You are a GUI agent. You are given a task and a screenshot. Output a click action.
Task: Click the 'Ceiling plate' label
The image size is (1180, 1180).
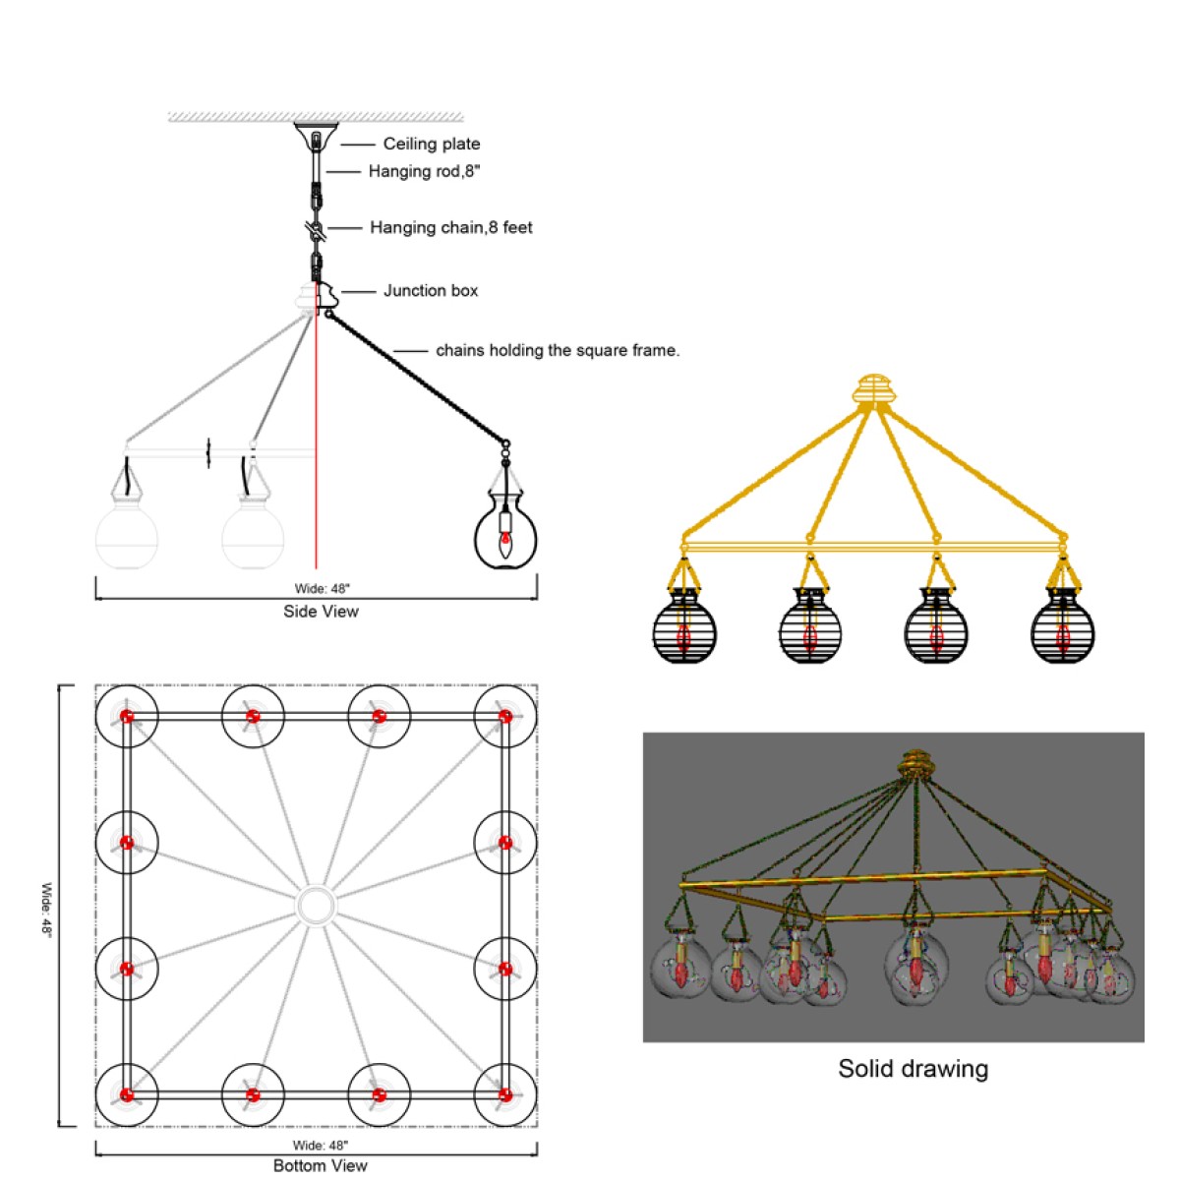click(431, 144)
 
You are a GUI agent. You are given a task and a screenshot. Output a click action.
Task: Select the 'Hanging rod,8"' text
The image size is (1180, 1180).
click(424, 171)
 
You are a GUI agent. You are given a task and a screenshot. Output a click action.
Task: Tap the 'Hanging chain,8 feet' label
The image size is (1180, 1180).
click(450, 228)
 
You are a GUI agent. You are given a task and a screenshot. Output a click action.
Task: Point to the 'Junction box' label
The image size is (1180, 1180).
click(431, 290)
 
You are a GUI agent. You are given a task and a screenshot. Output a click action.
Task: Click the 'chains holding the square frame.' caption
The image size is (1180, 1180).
click(558, 350)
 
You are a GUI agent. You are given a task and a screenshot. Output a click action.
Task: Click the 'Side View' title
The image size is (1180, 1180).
click(321, 611)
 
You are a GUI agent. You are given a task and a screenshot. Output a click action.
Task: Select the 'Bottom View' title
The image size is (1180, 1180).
click(320, 1165)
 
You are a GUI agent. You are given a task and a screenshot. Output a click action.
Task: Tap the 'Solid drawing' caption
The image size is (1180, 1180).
click(913, 1068)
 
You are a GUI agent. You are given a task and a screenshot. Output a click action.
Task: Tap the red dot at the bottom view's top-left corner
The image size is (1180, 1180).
click(127, 717)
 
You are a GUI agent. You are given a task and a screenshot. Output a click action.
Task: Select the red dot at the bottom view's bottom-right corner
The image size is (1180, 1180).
click(505, 1094)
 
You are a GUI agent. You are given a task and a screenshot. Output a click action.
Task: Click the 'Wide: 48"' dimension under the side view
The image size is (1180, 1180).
click(322, 588)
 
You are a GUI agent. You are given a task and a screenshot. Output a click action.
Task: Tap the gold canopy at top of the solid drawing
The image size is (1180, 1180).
click(914, 764)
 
